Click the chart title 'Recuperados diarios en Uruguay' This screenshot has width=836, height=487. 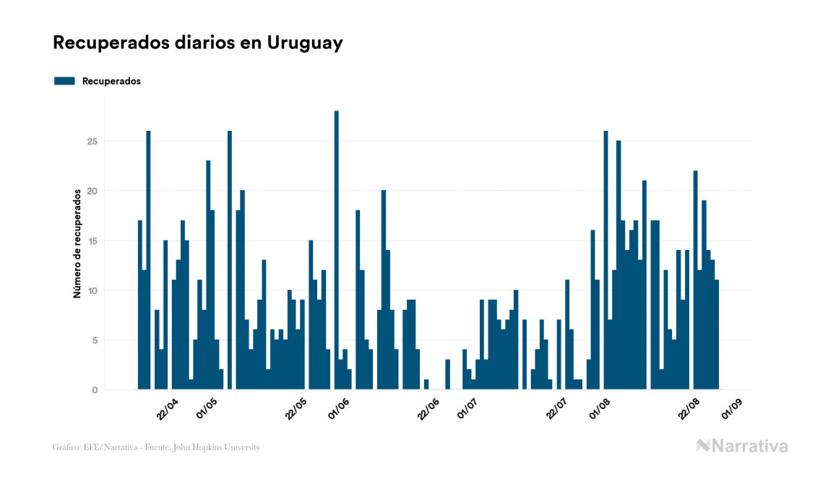click(x=197, y=43)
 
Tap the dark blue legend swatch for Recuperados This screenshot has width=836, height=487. click(x=64, y=81)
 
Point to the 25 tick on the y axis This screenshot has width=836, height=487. click(x=92, y=141)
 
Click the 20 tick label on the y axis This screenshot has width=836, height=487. click(x=92, y=191)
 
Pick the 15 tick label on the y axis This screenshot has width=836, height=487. click(x=92, y=241)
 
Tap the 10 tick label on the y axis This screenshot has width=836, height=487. click(x=92, y=290)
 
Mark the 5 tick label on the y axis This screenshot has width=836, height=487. click(x=95, y=340)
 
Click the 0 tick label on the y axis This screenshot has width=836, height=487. click(x=95, y=390)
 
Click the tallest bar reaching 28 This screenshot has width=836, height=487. click(x=336, y=250)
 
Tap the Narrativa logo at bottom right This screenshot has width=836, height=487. click(x=742, y=446)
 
